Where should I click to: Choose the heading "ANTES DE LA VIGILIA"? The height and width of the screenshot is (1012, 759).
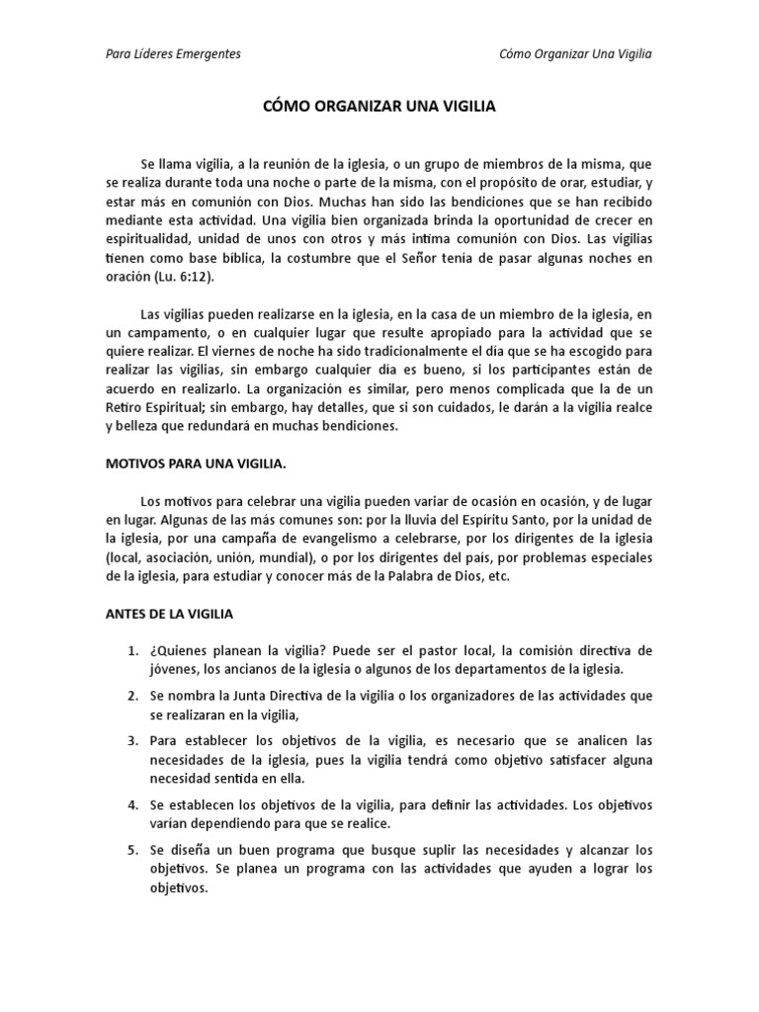tap(168, 614)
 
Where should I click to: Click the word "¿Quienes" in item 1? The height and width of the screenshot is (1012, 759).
tap(179, 650)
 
